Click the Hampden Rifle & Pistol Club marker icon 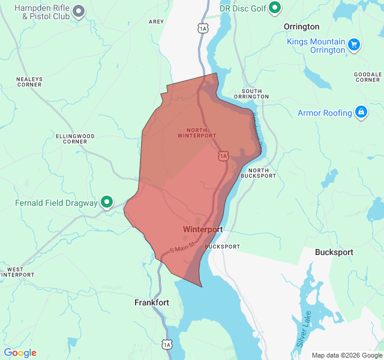coord(79,11)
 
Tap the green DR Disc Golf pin coord(275,7)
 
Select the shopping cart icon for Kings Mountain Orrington coord(354,44)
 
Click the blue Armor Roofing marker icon coord(361,112)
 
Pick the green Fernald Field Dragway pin coord(107,203)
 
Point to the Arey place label coord(156,22)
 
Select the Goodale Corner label coord(368,76)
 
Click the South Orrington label coord(251,93)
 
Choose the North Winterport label coord(196,133)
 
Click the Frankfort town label coord(151,303)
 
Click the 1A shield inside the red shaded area coord(224,155)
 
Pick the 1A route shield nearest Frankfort coord(166,344)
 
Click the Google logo coord(20,353)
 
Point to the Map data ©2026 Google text coord(347,355)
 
